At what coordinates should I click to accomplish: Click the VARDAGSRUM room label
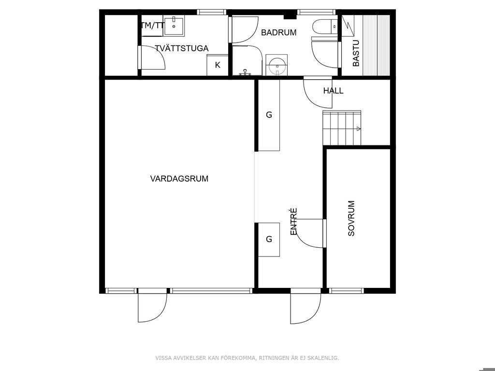[179, 179]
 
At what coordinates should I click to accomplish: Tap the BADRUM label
[279, 32]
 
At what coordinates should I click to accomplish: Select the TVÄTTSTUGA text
[182, 48]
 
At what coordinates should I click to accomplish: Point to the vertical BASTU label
[356, 53]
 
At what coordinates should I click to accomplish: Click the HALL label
[333, 91]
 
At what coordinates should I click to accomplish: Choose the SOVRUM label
[351, 218]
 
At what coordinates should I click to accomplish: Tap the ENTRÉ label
[293, 221]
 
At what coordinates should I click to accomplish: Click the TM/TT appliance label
[152, 26]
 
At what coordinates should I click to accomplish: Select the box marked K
[217, 65]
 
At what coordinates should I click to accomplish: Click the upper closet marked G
[269, 115]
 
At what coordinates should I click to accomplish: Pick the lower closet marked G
[269, 240]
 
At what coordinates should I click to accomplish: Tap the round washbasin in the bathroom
[277, 65]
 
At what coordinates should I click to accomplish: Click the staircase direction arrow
[358, 128]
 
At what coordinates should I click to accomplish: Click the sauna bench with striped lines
[376, 45]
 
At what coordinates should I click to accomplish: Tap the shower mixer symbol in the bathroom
[244, 73]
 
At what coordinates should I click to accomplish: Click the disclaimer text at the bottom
[247, 358]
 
